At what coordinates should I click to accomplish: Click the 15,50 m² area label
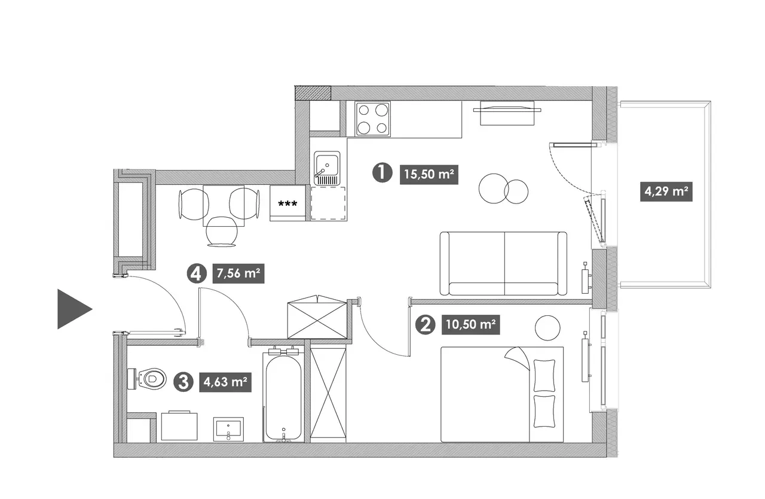coord(429,175)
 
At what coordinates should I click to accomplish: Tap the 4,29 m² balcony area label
coord(666,191)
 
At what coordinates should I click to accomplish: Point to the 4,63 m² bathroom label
coord(225,382)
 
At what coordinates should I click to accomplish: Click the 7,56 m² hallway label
coord(238,273)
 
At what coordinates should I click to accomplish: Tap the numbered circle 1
coord(382,172)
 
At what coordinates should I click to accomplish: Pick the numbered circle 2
coord(425,324)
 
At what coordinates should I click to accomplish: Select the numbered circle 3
coord(183,382)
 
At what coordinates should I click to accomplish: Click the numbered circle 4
coord(197,273)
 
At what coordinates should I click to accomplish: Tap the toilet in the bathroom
coord(147,379)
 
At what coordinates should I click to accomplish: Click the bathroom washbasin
coord(228,429)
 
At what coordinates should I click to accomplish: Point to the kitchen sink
coord(327,168)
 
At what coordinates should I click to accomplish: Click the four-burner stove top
coord(372,119)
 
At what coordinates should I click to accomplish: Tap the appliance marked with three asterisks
coord(287,203)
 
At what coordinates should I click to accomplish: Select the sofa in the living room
coord(503,263)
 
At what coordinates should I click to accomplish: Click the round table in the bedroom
coord(547,328)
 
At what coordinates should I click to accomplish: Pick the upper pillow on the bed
coord(544,375)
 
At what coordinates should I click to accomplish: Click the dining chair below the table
coord(222,232)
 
